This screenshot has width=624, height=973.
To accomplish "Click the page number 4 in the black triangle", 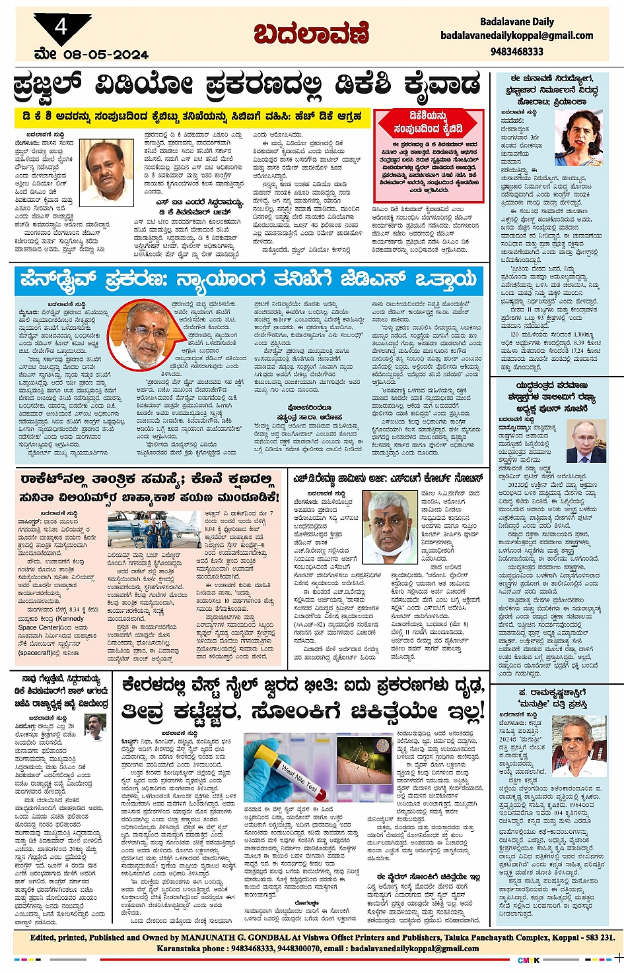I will (61, 28).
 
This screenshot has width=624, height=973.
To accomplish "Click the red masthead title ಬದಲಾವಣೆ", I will (311, 34).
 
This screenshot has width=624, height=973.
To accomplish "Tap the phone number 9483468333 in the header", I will (517, 51).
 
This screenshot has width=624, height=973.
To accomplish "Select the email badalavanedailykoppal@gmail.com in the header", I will (517, 36).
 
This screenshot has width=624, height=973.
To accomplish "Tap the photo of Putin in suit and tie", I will (586, 441).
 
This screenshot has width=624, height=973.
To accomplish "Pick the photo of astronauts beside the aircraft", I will (154, 529).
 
